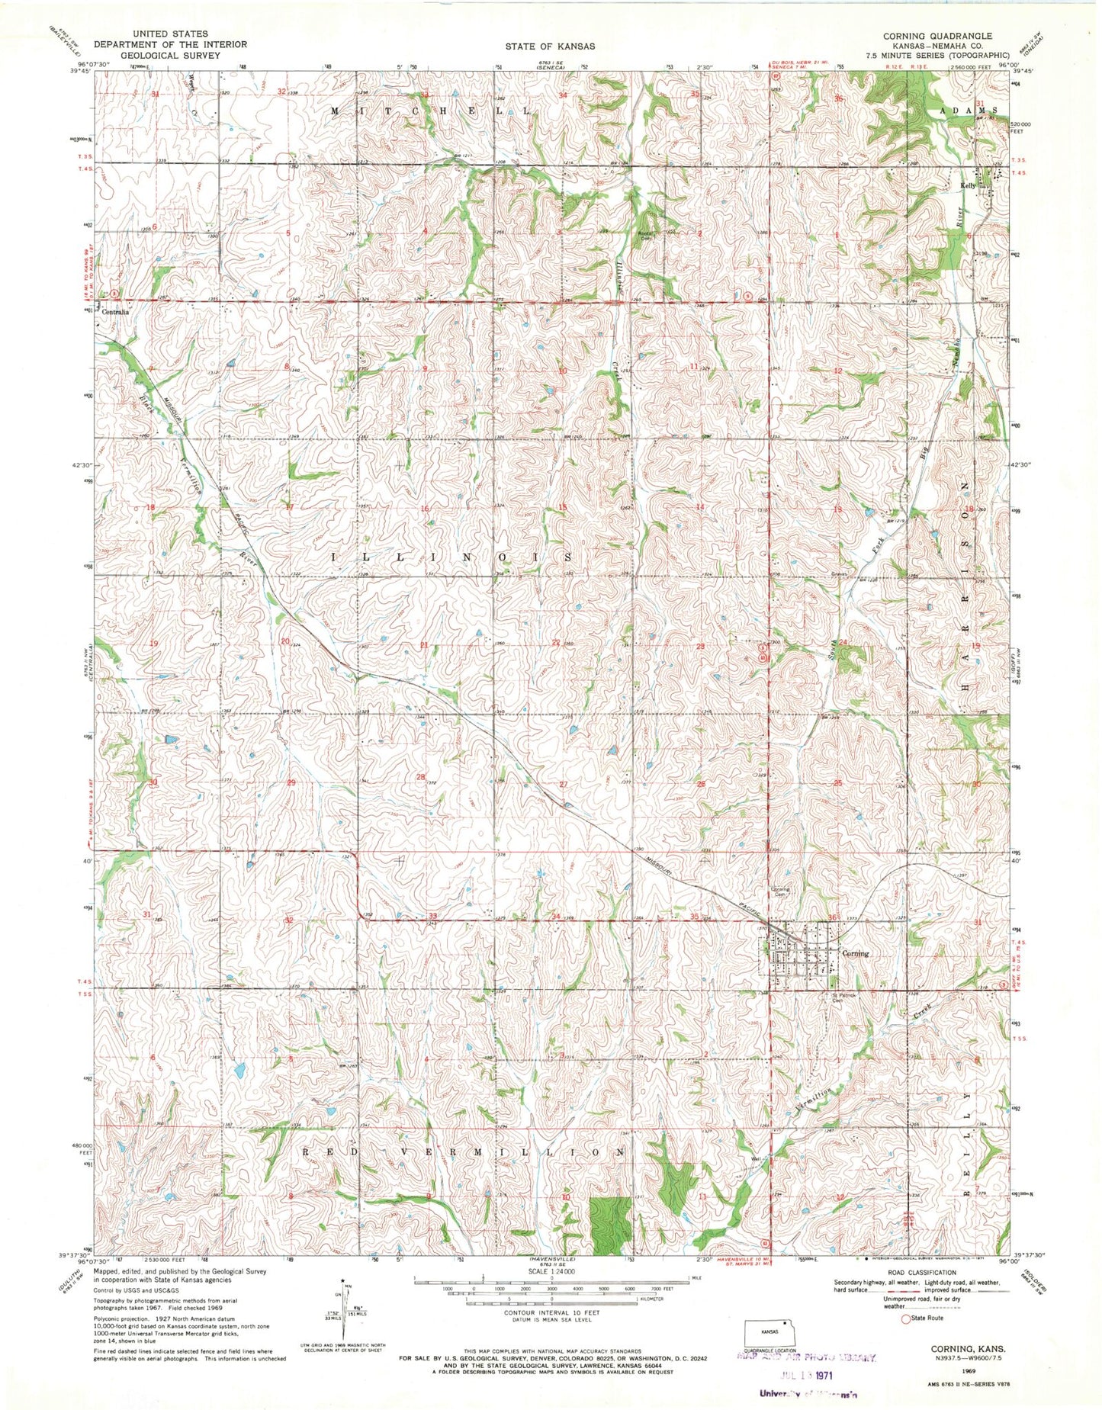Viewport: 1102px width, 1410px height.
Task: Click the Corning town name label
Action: (854, 953)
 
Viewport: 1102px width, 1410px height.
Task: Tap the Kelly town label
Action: (968, 185)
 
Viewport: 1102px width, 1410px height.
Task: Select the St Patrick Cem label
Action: (843, 998)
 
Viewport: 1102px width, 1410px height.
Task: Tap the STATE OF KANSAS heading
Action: (550, 46)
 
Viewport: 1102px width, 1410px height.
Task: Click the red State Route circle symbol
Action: (906, 1318)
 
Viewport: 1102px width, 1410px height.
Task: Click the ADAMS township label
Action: (968, 111)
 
